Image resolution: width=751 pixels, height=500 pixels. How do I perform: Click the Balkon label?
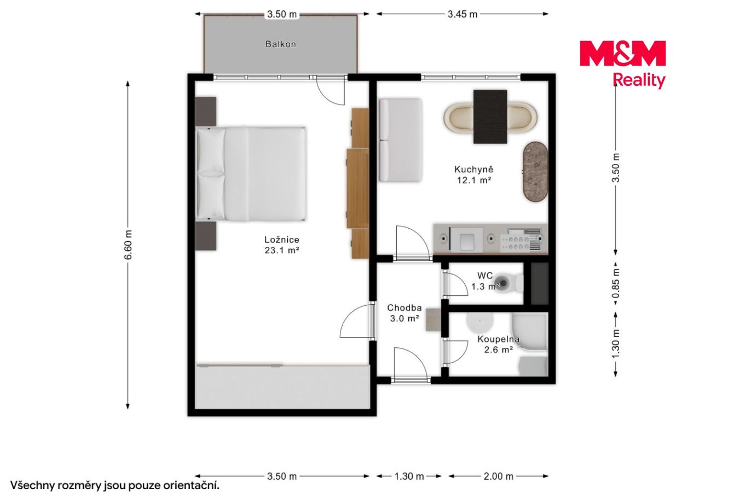[281, 44]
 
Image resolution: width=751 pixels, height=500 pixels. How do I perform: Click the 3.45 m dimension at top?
[463, 14]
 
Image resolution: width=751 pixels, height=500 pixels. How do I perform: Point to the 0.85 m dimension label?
[616, 283]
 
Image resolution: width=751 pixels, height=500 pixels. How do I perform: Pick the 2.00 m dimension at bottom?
[499, 476]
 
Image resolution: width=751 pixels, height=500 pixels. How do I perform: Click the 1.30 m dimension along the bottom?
[409, 476]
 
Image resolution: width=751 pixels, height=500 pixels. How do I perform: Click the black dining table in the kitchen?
[490, 117]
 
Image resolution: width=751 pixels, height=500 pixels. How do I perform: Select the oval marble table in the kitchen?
[535, 172]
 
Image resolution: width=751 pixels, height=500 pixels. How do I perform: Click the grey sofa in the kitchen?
[400, 140]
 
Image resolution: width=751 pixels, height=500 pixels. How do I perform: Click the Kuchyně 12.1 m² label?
[473, 175]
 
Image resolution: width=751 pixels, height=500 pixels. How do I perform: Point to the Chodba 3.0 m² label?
[405, 313]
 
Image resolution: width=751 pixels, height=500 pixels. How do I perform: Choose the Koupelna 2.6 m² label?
[498, 345]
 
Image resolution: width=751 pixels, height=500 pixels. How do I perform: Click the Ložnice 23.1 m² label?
[281, 245]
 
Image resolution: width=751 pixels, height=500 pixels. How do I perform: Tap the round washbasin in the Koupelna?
[480, 321]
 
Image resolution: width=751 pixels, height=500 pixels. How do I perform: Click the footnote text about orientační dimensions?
[115, 486]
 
